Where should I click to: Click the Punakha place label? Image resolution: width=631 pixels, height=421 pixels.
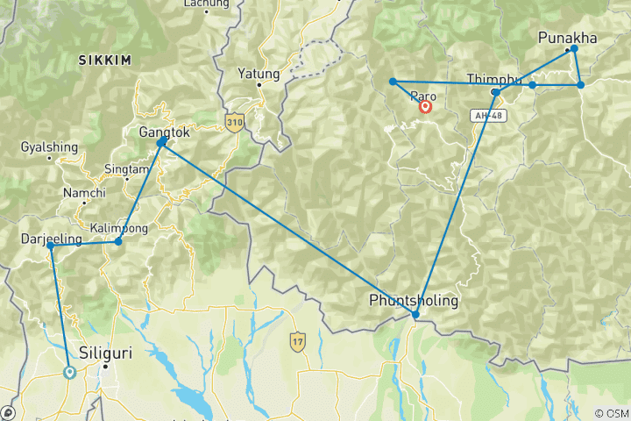[567, 37]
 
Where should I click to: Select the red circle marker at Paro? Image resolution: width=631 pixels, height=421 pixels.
[425, 107]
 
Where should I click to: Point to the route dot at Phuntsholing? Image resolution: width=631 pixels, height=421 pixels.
[415, 314]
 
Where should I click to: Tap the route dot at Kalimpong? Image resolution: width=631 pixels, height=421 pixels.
[118, 241]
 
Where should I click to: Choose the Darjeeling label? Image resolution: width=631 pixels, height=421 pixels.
[51, 239]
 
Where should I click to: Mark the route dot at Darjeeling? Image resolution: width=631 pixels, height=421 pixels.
[51, 246]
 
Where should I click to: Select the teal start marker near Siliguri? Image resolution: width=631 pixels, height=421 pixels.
[69, 372]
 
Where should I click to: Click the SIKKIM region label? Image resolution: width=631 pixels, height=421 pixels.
[103, 61]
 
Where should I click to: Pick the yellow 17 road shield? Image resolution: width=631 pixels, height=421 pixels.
[299, 338]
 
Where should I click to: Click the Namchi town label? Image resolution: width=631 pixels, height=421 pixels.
[84, 193]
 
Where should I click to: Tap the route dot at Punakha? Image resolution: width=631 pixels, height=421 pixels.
[574, 50]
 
